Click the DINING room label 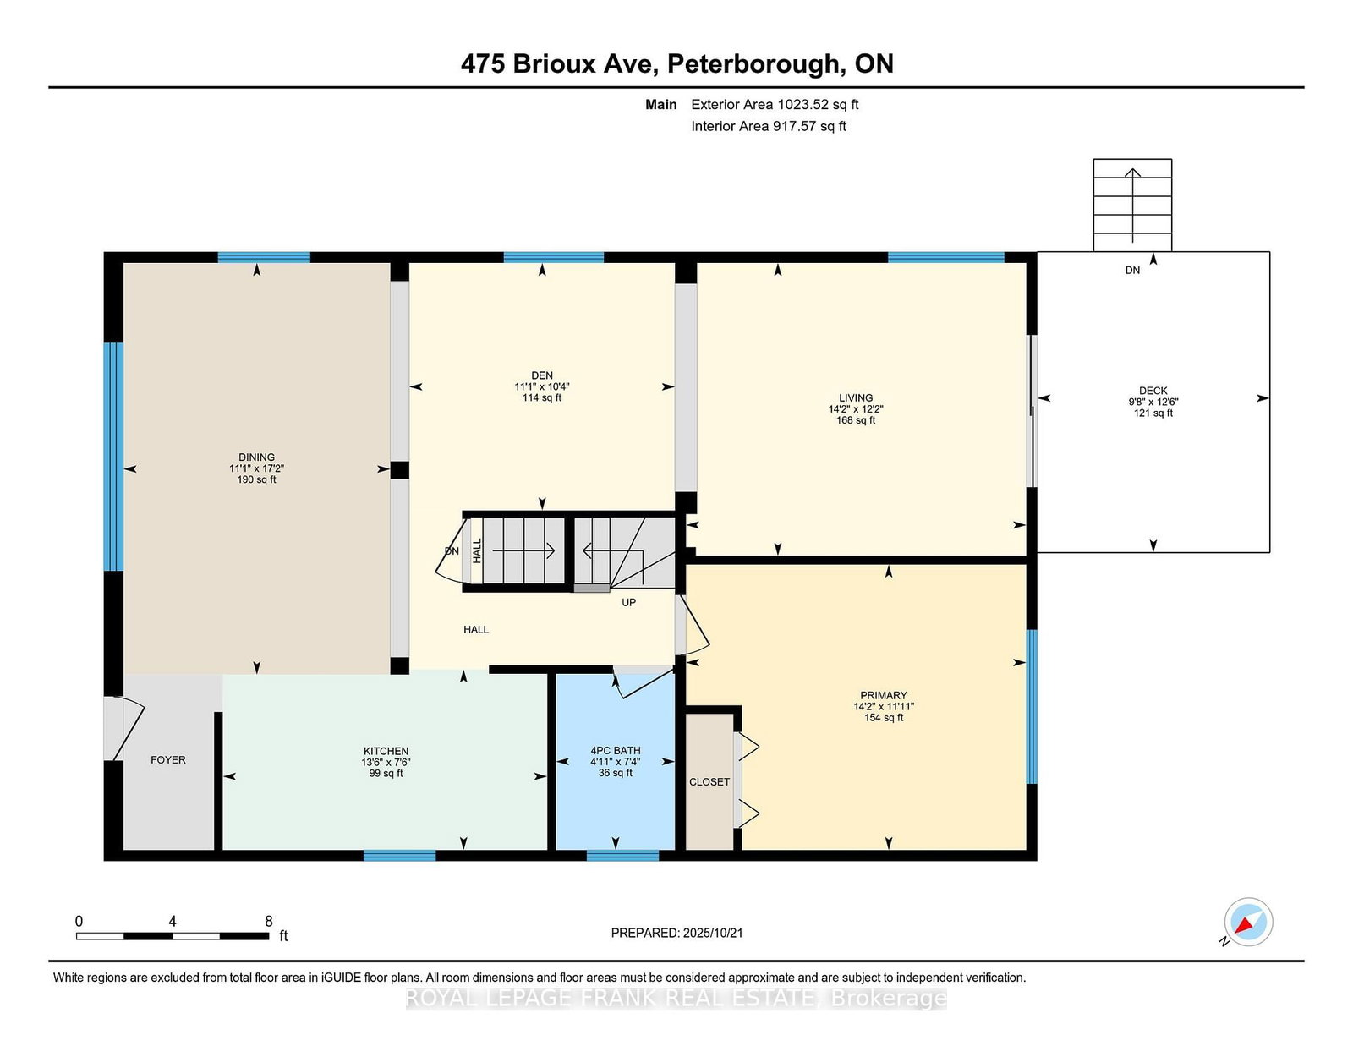tap(256, 457)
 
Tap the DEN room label tap(542, 375)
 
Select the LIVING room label tap(856, 398)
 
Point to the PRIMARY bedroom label tap(884, 695)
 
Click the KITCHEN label tap(386, 752)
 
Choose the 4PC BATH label tap(615, 751)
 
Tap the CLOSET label tap(709, 782)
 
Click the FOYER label tap(168, 760)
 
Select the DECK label tap(1153, 391)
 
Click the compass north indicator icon tap(1248, 922)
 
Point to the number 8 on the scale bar tap(268, 922)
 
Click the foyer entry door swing tap(124, 728)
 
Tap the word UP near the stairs tap(629, 603)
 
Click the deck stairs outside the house tap(1132, 205)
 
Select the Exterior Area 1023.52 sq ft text tap(775, 105)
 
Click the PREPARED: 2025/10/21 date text tap(676, 933)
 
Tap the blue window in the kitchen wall tap(400, 856)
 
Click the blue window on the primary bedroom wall tap(1032, 707)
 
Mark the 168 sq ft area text tap(856, 420)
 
